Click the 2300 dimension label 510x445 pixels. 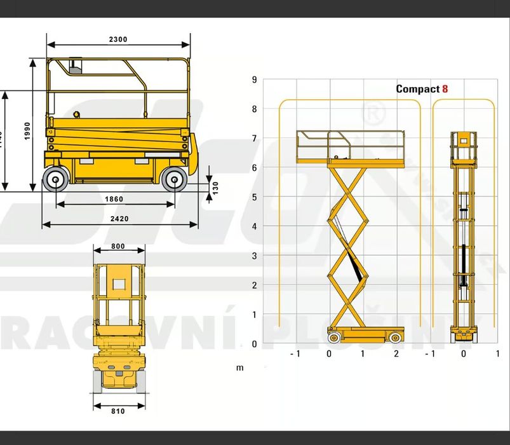[x=118, y=39]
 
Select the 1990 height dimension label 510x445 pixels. [x=27, y=131]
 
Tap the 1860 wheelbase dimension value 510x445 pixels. [x=114, y=199]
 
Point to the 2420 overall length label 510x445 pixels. [x=119, y=219]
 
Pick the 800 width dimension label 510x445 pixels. [x=117, y=246]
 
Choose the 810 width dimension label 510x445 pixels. [x=117, y=411]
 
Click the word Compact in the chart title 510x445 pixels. [x=417, y=89]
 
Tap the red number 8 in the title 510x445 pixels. [x=445, y=89]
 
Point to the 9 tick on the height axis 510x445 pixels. [x=254, y=79]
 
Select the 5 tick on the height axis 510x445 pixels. [x=254, y=197]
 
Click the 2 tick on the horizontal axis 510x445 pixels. [x=396, y=353]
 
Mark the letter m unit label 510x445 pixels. [x=240, y=367]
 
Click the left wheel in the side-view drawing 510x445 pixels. [x=56, y=180]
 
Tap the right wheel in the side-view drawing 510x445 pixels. [x=173, y=180]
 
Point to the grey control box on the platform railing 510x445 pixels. [x=76, y=66]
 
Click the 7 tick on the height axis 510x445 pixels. [x=254, y=139]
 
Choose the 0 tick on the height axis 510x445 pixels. [x=254, y=344]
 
